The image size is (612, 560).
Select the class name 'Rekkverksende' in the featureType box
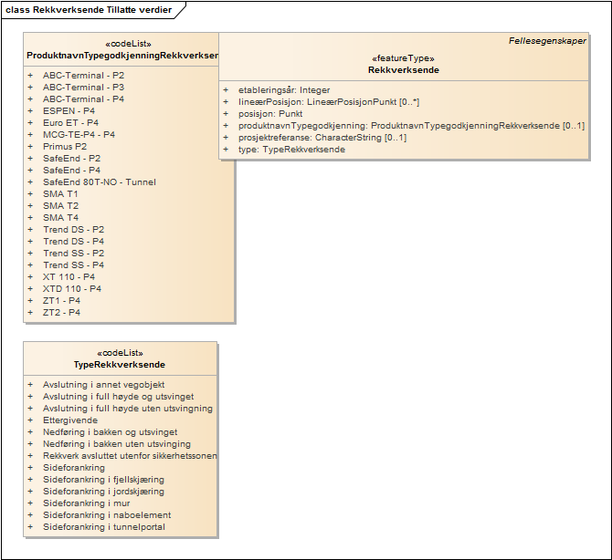coord(403,69)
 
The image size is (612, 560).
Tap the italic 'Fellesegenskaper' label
coord(547,41)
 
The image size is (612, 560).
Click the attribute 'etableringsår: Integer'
coord(284,90)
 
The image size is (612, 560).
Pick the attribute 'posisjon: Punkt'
coord(270,114)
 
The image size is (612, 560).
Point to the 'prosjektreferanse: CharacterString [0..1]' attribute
coord(322,138)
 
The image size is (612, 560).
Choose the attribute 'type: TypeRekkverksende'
coord(291,150)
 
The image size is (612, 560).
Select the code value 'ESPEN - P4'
coord(69,111)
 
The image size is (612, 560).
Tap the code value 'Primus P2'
coord(65,147)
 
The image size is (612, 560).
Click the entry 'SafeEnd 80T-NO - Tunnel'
coord(100,182)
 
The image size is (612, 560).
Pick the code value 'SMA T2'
coord(61,206)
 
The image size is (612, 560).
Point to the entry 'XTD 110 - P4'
coord(72,289)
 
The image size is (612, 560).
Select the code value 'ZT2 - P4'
coord(62,313)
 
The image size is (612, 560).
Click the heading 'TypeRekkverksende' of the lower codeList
coord(120,365)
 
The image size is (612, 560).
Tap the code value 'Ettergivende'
coord(70,421)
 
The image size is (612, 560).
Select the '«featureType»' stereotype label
coord(403,57)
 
